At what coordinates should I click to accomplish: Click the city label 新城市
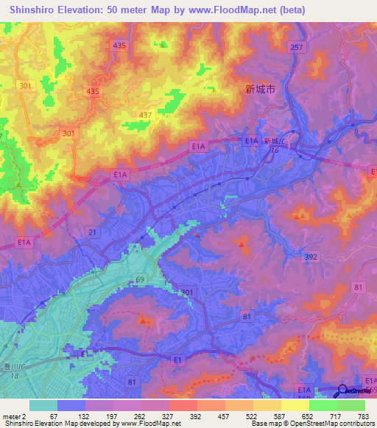260,89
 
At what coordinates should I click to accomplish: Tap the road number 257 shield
296,47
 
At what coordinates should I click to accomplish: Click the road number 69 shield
140,281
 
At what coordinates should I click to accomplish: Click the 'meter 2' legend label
14,416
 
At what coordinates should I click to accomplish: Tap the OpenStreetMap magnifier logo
343,390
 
